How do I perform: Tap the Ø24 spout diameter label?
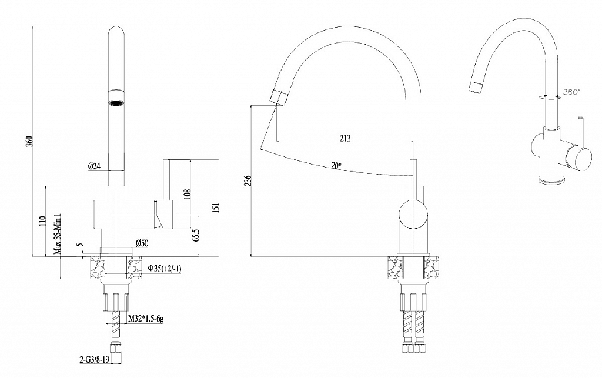(x=94, y=166)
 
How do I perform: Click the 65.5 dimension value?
(x=196, y=235)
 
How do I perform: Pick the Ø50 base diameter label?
(x=142, y=243)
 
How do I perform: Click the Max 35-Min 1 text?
(x=58, y=235)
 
